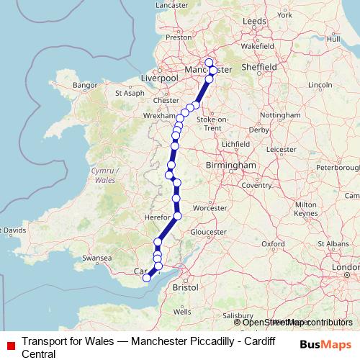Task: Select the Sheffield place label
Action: point(260,67)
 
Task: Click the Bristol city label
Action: point(185,287)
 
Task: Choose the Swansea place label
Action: point(96,258)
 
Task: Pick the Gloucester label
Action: point(209,233)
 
